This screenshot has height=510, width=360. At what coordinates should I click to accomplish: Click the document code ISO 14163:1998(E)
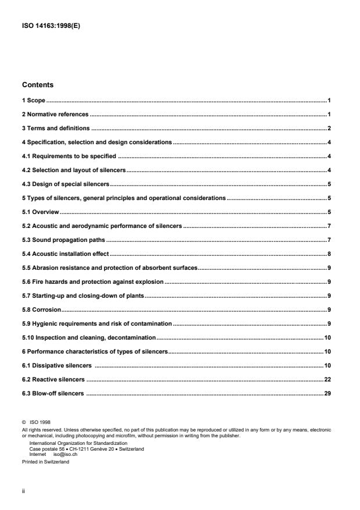coord(50,24)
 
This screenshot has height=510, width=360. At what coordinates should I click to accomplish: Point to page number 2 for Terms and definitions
coord(329,128)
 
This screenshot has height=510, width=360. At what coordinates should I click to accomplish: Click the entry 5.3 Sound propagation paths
coord(64,240)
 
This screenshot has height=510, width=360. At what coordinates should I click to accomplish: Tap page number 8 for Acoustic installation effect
coord(329,254)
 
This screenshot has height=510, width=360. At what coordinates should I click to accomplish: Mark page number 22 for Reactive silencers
coord(327,379)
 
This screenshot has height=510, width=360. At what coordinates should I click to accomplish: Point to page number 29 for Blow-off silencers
coord(327,394)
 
